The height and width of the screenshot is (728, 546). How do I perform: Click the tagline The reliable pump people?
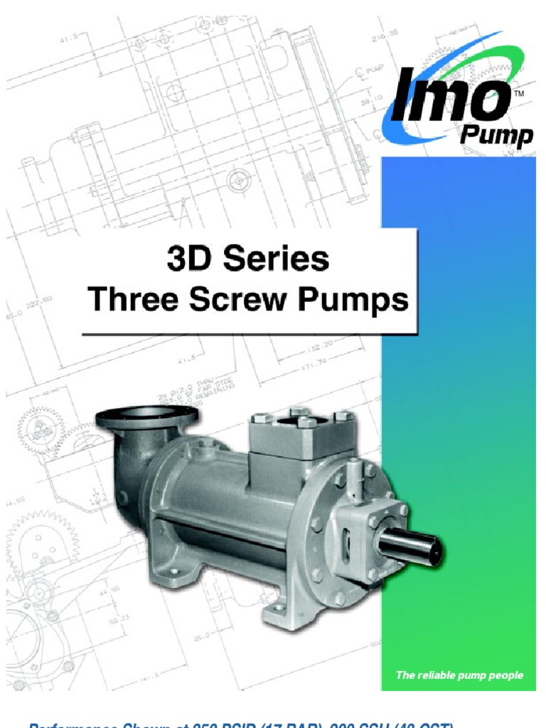coord(459,675)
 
